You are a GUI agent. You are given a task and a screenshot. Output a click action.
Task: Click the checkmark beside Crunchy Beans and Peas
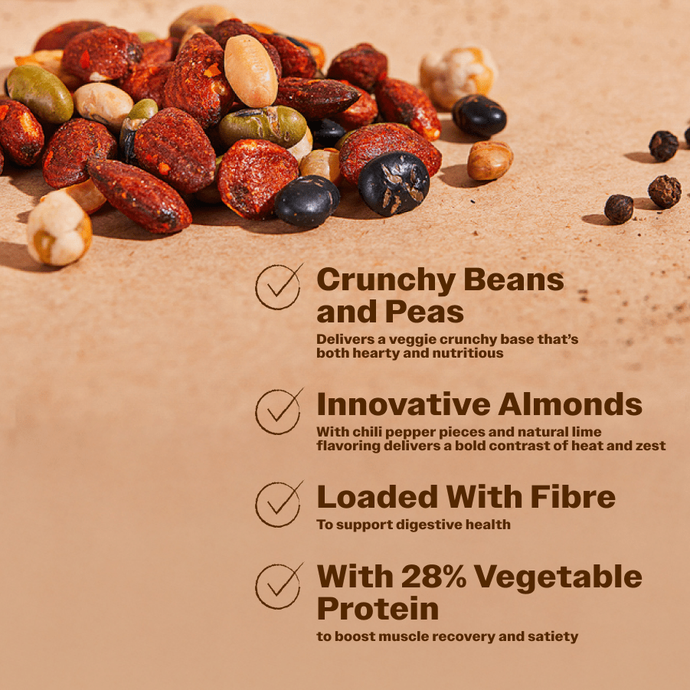pyautogui.click(x=279, y=286)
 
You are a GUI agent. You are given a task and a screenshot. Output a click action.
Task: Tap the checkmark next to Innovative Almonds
pyautogui.click(x=279, y=411)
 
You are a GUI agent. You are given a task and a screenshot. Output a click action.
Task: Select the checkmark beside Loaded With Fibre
pyautogui.click(x=279, y=504)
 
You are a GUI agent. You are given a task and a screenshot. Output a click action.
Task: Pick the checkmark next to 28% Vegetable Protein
pyautogui.click(x=279, y=586)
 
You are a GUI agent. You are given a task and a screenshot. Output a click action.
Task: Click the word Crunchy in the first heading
pyautogui.click(x=386, y=281)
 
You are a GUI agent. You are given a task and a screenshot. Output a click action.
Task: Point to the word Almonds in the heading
pyautogui.click(x=570, y=404)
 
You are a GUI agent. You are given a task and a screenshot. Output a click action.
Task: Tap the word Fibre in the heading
pyautogui.click(x=573, y=496)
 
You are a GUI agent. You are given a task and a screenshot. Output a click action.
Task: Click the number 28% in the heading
pyautogui.click(x=433, y=576)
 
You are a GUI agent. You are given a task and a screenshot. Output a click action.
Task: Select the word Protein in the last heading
pyautogui.click(x=378, y=609)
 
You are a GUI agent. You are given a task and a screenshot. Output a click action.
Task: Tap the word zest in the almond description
pyautogui.click(x=650, y=446)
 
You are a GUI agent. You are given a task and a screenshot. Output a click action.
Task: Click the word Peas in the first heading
pyautogui.click(x=424, y=312)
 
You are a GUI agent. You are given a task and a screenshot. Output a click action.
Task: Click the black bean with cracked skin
pyautogui.click(x=394, y=184)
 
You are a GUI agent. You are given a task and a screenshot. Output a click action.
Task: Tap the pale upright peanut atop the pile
pyautogui.click(x=250, y=71)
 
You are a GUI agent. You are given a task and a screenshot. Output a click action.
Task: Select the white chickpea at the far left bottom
pyautogui.click(x=59, y=227)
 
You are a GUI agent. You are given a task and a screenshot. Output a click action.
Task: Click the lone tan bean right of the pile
pyautogui.click(x=490, y=160)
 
